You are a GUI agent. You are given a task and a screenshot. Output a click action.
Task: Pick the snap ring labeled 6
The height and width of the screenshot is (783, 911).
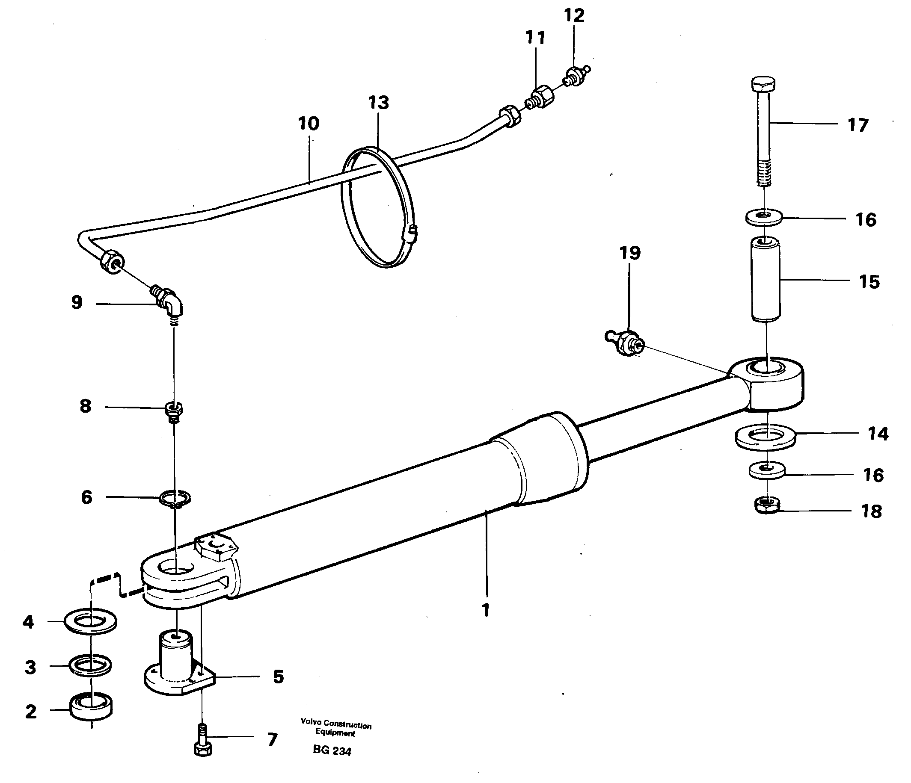[175, 498]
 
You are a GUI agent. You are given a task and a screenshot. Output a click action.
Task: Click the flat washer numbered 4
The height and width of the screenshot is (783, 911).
[91, 621]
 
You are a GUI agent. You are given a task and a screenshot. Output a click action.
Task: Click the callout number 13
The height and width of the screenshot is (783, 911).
[379, 102]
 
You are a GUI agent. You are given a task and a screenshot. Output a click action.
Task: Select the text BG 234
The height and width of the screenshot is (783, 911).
[332, 751]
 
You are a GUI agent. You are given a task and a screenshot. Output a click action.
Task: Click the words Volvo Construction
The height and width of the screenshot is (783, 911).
[336, 724]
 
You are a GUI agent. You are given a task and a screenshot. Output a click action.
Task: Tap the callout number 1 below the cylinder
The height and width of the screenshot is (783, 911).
[485, 610]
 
